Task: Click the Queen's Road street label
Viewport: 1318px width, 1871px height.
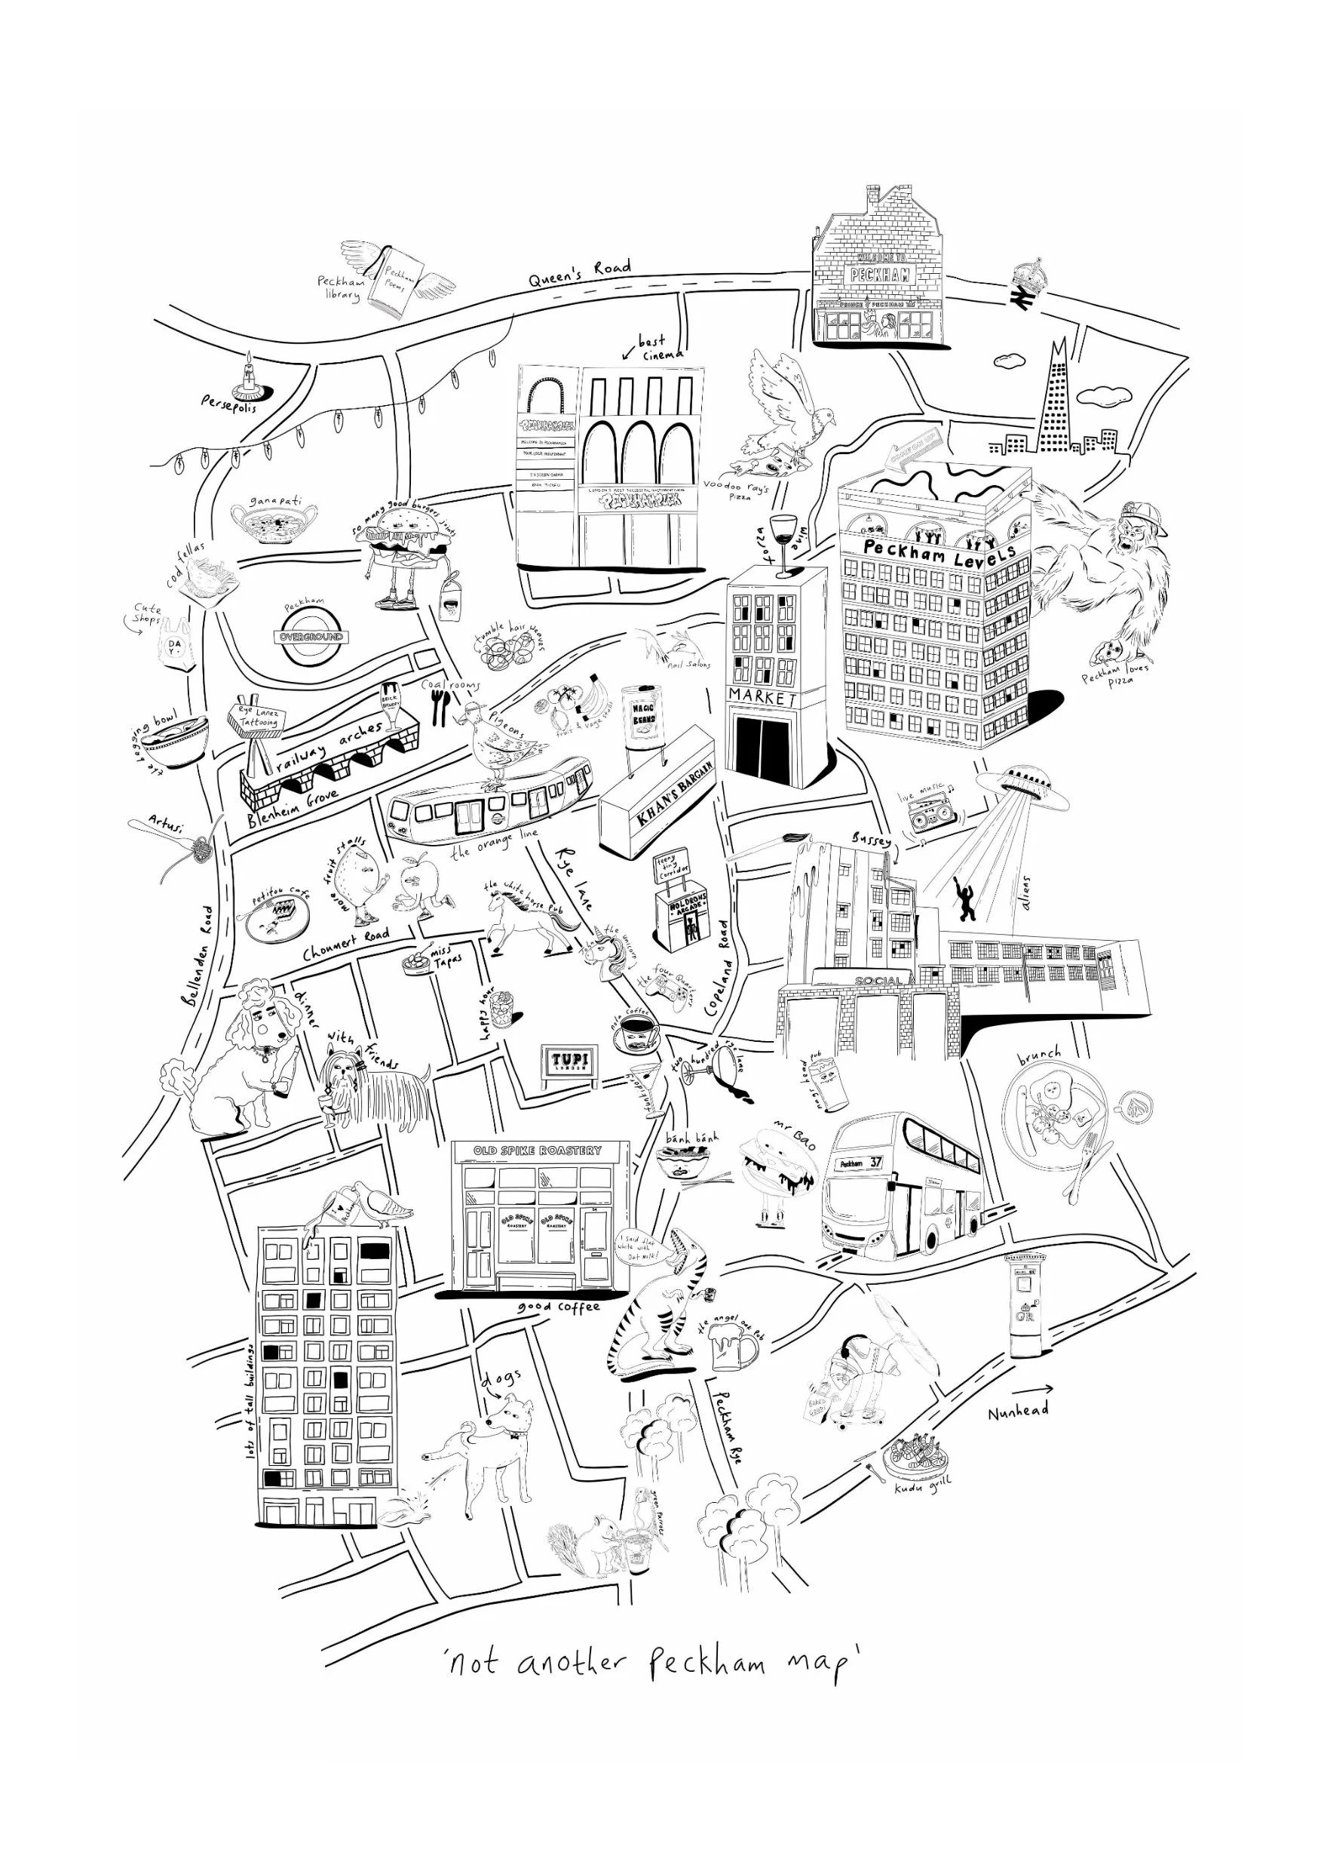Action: [x=578, y=272]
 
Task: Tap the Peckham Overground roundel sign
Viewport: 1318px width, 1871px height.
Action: [x=311, y=637]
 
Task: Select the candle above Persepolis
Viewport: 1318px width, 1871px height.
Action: [x=249, y=373]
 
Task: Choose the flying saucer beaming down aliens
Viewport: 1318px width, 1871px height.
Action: [x=1023, y=787]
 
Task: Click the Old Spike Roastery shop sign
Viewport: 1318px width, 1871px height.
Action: [x=538, y=1151]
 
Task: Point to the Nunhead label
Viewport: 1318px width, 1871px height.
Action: [x=1017, y=1411]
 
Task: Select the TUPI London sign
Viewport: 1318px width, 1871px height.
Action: [x=570, y=1061]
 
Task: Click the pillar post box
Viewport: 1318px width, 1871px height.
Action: [x=1026, y=1304]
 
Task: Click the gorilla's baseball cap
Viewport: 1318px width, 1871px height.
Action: [x=1145, y=515]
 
